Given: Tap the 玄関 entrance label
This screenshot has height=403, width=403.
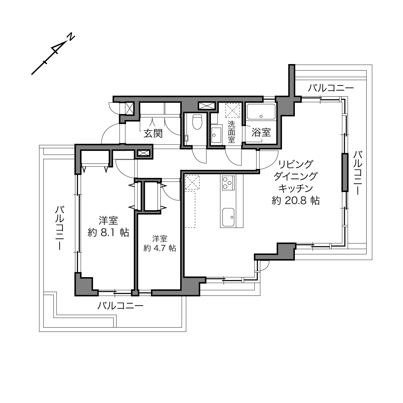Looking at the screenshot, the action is (153, 134).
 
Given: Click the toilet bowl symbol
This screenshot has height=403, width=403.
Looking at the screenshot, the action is (197, 122).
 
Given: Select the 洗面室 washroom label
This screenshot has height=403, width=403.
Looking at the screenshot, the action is (231, 132).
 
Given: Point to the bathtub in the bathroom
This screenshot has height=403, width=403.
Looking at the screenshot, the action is (261, 112).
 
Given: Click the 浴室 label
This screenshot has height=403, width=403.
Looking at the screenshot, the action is (261, 132).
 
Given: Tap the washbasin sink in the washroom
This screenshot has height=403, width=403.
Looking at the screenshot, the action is (216, 135).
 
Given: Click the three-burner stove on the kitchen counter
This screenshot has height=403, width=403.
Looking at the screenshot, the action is (228, 183).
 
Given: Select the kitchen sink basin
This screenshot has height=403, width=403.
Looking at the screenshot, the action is (228, 217).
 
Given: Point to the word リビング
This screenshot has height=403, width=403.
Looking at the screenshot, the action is (295, 164).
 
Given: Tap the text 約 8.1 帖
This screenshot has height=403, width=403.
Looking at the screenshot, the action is (108, 232).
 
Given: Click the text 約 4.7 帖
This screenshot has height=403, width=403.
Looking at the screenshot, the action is (160, 248).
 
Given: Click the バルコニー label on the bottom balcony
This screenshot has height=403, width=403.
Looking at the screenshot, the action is (120, 306).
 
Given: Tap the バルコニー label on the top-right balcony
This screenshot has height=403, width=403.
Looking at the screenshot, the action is (331, 88).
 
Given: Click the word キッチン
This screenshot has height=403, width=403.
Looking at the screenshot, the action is (295, 188).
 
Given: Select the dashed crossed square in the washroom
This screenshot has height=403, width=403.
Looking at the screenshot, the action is (232, 111).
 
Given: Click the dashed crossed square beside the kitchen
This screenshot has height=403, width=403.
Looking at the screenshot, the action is (192, 182).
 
